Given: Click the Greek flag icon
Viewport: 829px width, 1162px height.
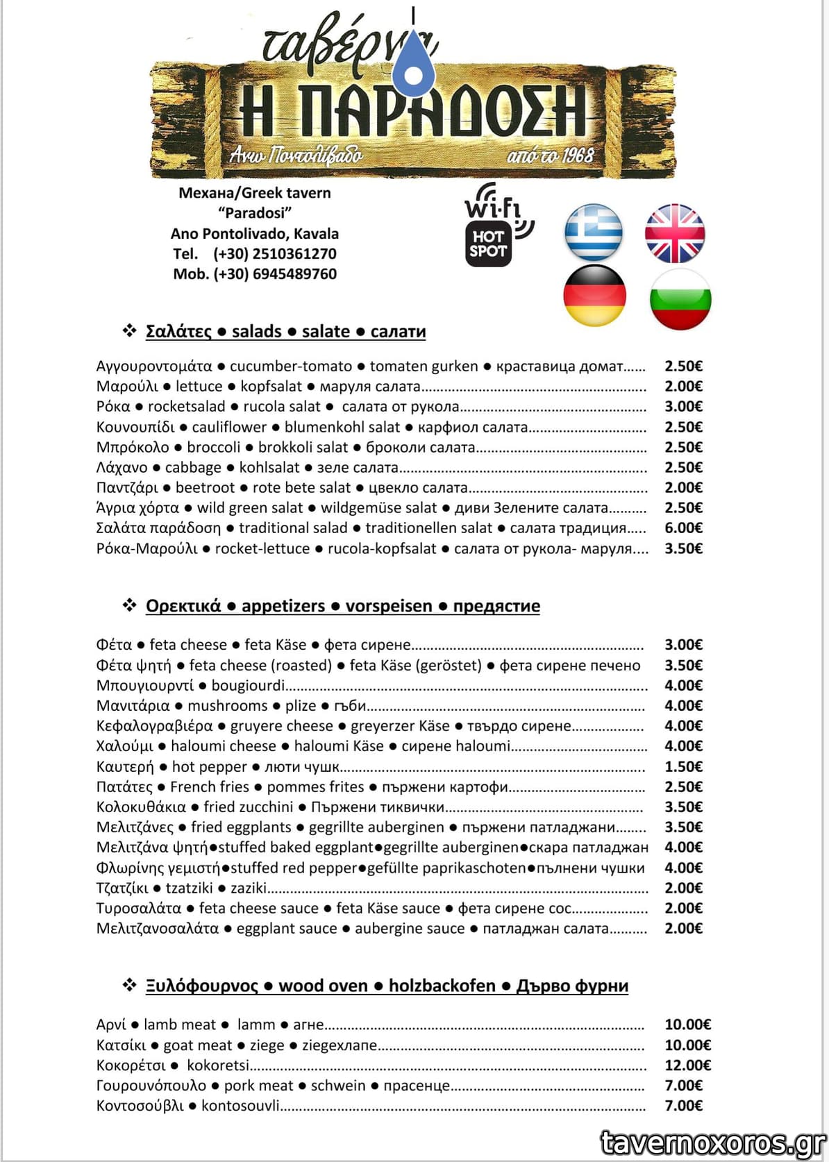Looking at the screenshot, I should [594, 233].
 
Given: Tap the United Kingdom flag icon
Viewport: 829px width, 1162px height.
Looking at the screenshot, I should [675, 233].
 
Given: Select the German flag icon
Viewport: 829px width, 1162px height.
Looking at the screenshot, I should [595, 295].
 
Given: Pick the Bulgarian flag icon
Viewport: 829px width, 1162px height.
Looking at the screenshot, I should [680, 298].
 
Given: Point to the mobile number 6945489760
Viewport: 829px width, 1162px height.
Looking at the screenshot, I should [294, 274].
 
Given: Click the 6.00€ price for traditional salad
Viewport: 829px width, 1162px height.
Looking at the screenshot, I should [683, 528].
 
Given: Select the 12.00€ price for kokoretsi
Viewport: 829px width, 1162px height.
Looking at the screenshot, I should [687, 1066].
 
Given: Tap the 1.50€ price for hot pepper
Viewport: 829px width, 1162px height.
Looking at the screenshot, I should [683, 767].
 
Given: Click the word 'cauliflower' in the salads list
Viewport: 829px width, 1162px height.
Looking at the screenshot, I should [229, 428].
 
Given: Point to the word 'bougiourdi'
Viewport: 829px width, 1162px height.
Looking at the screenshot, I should [248, 686].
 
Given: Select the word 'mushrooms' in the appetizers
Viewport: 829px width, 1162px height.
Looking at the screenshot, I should [227, 706].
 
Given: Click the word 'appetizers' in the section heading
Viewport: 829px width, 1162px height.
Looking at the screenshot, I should [283, 606].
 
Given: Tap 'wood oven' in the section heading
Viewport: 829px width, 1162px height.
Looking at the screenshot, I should [323, 986].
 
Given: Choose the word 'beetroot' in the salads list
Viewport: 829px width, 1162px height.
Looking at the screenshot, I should [205, 488].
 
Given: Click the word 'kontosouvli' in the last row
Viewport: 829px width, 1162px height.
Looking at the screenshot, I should [240, 1106].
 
